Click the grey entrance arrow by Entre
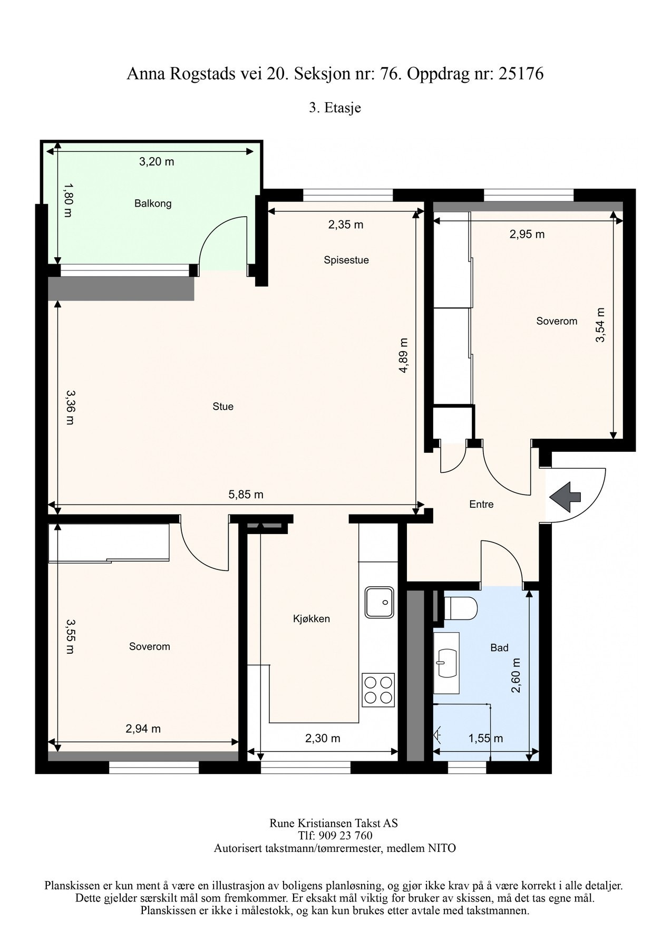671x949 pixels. coord(565,497)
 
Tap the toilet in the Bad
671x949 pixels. coord(461,608)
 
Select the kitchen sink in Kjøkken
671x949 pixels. coord(379,602)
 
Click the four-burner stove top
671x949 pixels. coord(378,691)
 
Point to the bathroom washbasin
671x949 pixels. coord(446,662)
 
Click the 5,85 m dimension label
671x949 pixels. coord(246,495)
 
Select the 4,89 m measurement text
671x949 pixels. coord(403,356)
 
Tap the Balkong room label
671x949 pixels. coord(153,204)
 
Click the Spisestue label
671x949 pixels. coord(346,260)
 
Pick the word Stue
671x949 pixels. coord(223,406)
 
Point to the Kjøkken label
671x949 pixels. coord(312,619)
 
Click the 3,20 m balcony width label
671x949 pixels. coord(157,162)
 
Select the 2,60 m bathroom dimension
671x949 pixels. coord(516,675)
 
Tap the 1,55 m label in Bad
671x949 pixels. coord(485,739)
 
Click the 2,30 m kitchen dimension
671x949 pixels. coord(323,739)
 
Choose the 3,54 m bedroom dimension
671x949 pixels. coord(600,325)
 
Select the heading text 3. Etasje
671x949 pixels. coord(335,108)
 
